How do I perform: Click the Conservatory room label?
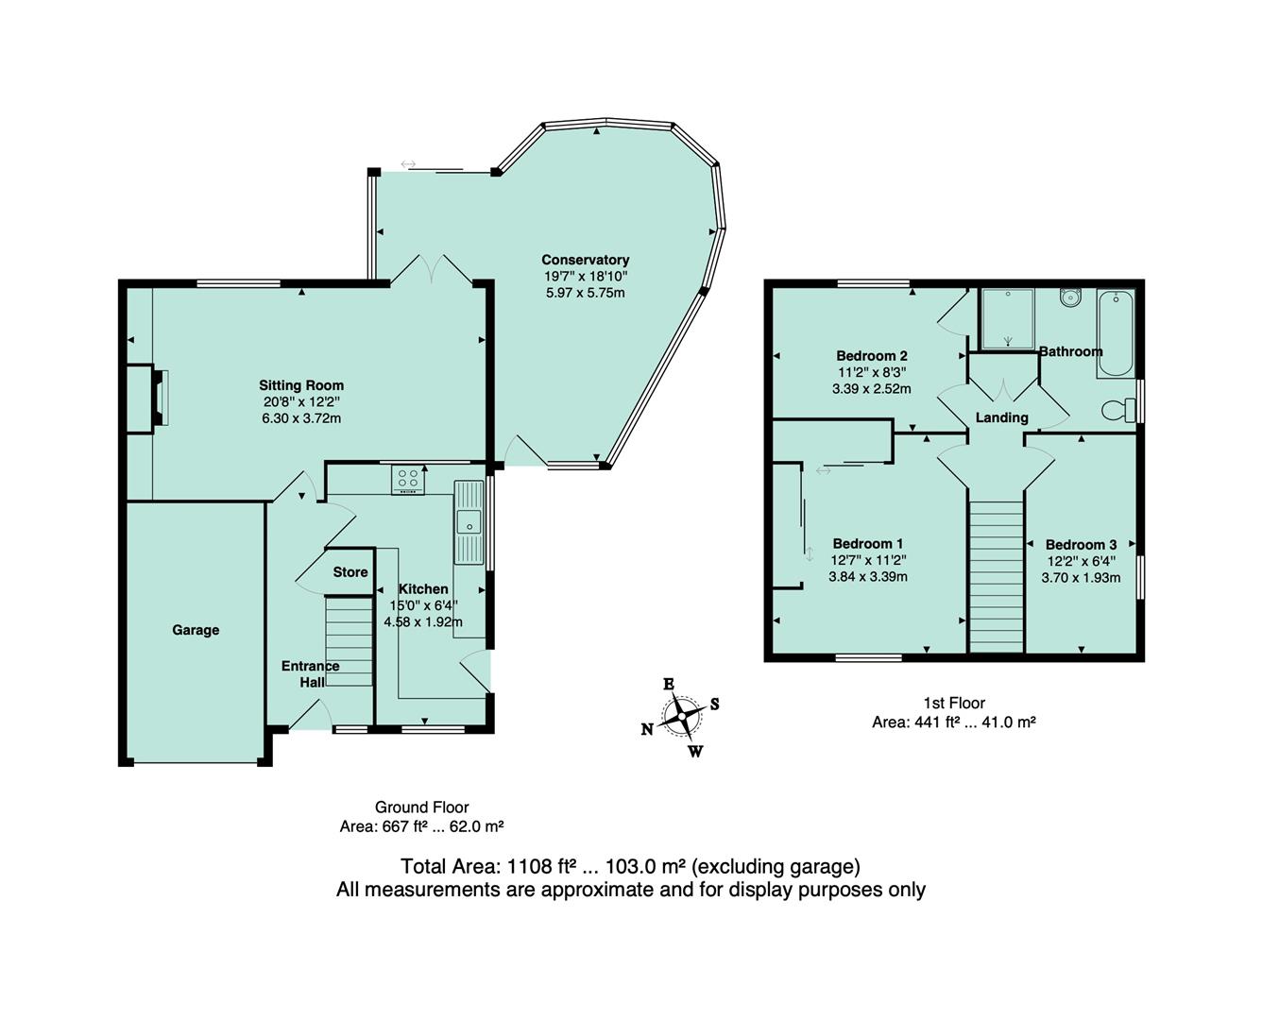[x=585, y=260]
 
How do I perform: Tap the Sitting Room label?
[x=301, y=385]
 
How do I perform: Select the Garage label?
[x=196, y=630]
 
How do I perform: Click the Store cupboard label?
[x=350, y=572]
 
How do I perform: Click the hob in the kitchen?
[x=409, y=480]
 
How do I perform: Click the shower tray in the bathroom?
[x=1008, y=318]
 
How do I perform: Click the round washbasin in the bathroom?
[x=1070, y=297]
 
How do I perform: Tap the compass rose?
[x=681, y=717]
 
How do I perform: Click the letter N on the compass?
[x=647, y=728]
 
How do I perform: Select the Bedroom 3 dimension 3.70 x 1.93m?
[x=1081, y=578]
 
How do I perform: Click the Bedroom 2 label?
[x=872, y=356]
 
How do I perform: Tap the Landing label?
[x=1001, y=417]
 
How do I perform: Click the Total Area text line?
[x=630, y=866]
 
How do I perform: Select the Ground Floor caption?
[x=421, y=807]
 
